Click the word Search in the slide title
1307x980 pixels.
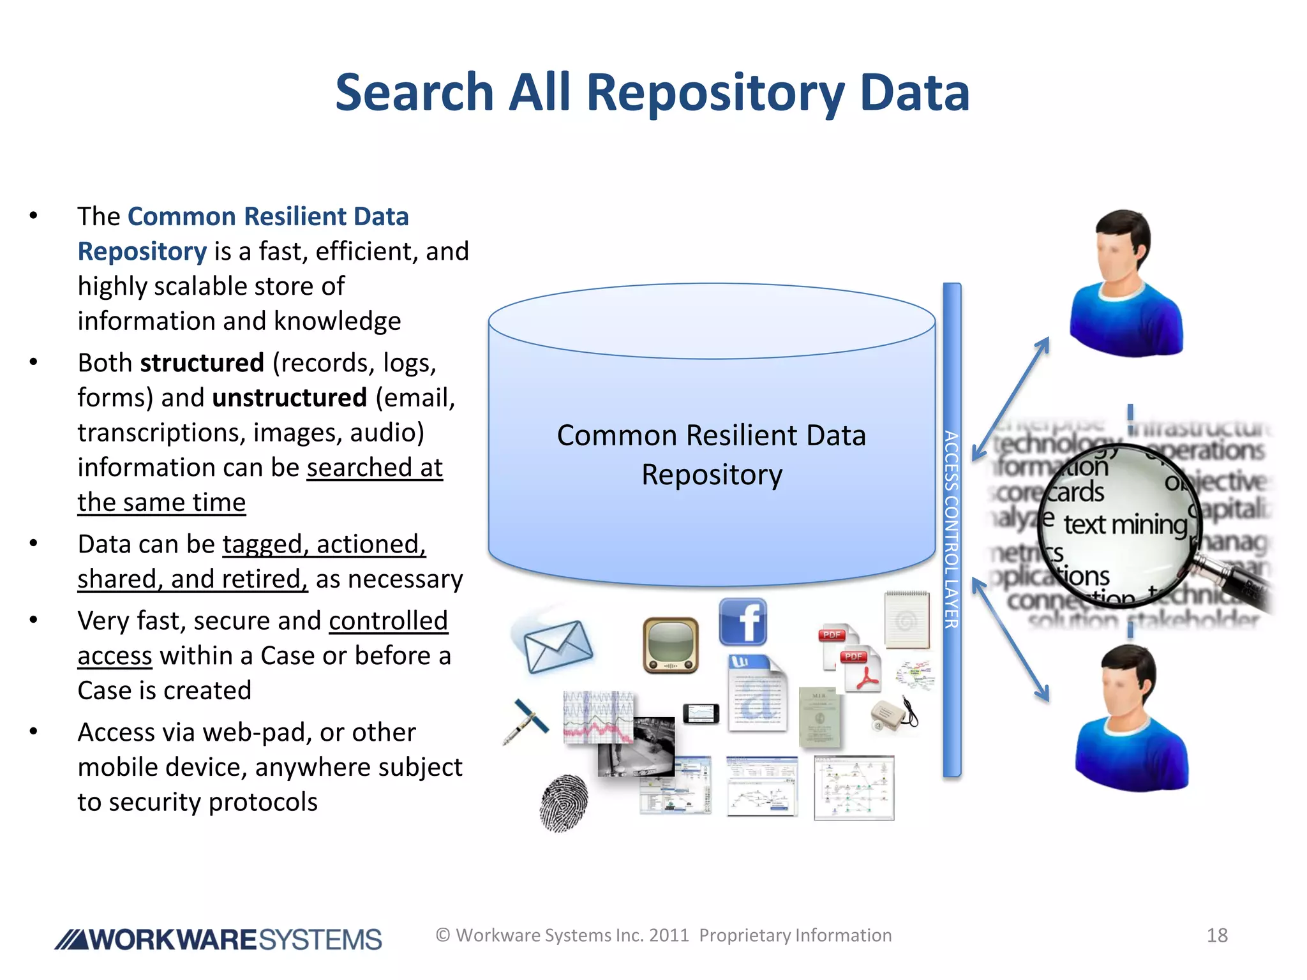coord(414,93)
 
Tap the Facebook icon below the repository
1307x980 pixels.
coord(743,621)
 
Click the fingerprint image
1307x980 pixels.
coord(563,802)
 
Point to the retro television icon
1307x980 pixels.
coord(670,645)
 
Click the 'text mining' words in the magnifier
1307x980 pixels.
coord(1124,524)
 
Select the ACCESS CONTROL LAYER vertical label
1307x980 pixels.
coord(952,530)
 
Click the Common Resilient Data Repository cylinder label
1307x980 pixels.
coord(712,455)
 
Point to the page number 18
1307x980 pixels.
coord(1217,935)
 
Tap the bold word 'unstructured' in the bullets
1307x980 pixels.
coord(290,397)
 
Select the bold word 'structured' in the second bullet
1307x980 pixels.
coord(202,362)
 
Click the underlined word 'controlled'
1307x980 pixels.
coord(388,621)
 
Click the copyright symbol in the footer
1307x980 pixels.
coord(443,935)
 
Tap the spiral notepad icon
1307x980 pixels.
coord(906,618)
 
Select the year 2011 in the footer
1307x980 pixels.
coord(669,935)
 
